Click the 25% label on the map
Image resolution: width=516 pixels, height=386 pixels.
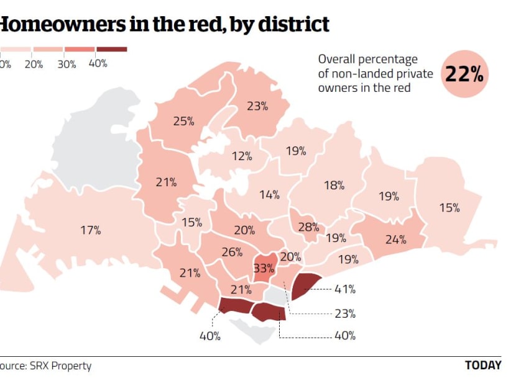coord(183,121)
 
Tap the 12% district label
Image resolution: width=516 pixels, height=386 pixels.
coord(242,156)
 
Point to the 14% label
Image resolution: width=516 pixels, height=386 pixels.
coord(269,195)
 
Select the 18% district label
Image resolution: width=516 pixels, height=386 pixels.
coord(334,185)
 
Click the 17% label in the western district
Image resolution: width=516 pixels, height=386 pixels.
coord(90,230)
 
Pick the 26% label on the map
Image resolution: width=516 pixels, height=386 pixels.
coord(231,252)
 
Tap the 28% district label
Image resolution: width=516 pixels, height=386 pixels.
coord(308,227)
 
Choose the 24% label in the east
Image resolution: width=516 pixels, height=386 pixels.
coord(395,239)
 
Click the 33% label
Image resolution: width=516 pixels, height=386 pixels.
coord(264,269)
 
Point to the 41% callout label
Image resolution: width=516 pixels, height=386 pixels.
coord(345,289)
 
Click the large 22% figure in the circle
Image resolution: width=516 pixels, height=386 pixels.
coord(464,75)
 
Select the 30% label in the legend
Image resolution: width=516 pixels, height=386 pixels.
coord(67,63)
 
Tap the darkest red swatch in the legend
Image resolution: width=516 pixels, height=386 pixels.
coord(112,49)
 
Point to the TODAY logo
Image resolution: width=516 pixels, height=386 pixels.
coord(483,366)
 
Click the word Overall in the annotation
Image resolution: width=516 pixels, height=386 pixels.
coord(338,60)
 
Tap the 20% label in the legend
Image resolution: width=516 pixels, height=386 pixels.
coord(34,63)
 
